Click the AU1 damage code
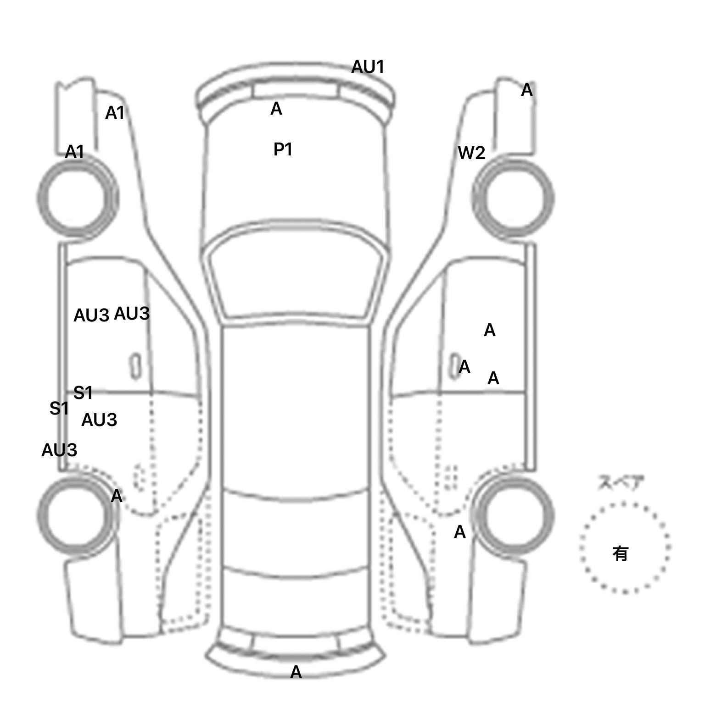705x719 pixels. coord(367,67)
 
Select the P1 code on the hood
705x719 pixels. coord(283,149)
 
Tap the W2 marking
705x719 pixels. coord(471,153)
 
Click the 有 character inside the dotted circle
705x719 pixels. coord(620,554)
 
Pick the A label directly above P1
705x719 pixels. coord(276,109)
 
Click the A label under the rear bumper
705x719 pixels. coord(296,672)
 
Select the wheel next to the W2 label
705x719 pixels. coord(513,199)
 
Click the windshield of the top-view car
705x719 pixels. coord(296,275)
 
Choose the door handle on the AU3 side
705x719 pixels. coord(136,366)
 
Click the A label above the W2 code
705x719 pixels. coord(526,90)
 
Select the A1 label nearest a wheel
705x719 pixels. coord(74,152)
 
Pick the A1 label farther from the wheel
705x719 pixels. coord(115,113)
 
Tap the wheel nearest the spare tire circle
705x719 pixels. coord(513,515)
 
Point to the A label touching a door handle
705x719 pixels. coord(464,367)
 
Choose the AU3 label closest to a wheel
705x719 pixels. coord(59,450)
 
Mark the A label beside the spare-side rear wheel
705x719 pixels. coord(459,532)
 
